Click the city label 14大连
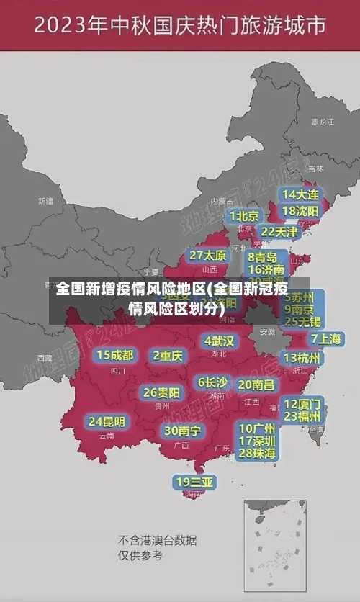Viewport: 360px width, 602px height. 300,194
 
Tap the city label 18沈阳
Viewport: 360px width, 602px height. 300,211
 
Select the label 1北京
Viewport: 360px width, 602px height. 245,216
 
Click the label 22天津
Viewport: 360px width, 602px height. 279,232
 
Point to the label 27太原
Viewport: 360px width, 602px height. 208,256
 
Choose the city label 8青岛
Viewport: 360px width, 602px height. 263,257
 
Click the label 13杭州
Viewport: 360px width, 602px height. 303,358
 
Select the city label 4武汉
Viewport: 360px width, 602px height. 219,341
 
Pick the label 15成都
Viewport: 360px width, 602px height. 115,355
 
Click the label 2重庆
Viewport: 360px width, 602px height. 167,355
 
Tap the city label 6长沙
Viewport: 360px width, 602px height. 212,382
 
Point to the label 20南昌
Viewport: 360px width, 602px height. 256,385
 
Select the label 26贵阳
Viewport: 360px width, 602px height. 161,393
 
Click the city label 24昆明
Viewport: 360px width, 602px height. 107,421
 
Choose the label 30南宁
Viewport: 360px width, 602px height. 182,431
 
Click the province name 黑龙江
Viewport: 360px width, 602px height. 323,122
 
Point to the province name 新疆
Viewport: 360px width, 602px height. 45,201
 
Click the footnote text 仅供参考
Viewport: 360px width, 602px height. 140,555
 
